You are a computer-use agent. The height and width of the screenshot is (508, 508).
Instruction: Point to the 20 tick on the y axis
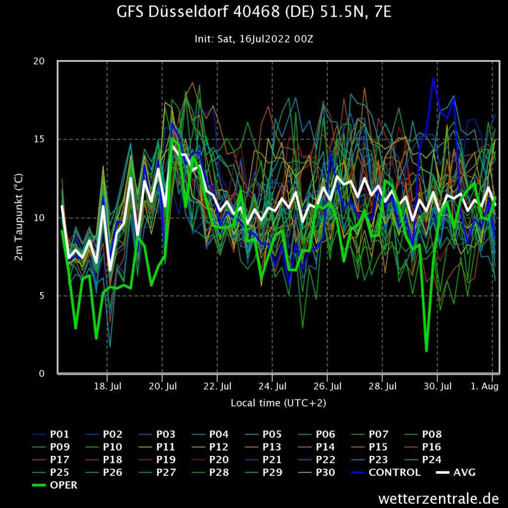point(39,61)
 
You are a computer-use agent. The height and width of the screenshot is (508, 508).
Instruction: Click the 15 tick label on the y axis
point(39,139)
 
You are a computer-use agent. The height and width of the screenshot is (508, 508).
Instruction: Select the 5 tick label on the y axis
point(42,296)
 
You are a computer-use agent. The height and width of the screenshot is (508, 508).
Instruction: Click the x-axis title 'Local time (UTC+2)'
point(278,403)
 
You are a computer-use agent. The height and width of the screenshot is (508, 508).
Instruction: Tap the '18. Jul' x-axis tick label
point(107,386)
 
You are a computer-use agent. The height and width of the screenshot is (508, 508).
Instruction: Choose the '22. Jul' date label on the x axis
point(217,386)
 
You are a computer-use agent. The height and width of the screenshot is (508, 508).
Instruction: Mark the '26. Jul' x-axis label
point(327,386)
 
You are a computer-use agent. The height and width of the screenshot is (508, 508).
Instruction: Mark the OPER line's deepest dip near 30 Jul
point(426,351)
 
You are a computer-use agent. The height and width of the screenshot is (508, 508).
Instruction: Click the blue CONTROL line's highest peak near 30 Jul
point(433,78)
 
